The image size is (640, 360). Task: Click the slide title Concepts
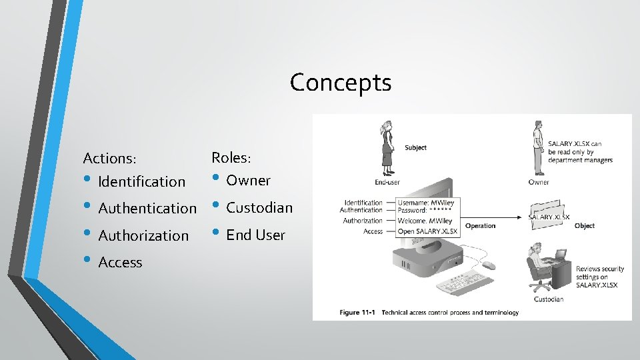click(x=341, y=83)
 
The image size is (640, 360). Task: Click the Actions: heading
click(x=109, y=159)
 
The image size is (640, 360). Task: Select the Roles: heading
click(x=231, y=158)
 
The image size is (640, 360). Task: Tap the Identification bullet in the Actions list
click(x=141, y=181)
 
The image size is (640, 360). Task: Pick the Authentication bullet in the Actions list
click(x=147, y=209)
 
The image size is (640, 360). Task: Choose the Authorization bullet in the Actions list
click(x=143, y=235)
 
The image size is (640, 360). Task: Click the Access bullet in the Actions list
click(x=120, y=263)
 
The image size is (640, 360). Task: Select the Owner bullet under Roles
click(x=248, y=181)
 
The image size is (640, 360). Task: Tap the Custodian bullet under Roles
click(x=259, y=208)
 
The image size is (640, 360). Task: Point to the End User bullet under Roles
click(x=255, y=235)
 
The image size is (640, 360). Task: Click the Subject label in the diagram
click(x=415, y=148)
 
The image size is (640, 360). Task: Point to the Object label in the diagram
click(x=584, y=226)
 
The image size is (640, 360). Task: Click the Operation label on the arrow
click(x=480, y=226)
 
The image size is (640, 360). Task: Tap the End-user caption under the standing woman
click(x=387, y=182)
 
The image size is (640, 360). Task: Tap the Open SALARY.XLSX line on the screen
click(x=428, y=231)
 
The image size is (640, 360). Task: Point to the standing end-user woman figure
click(x=386, y=149)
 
